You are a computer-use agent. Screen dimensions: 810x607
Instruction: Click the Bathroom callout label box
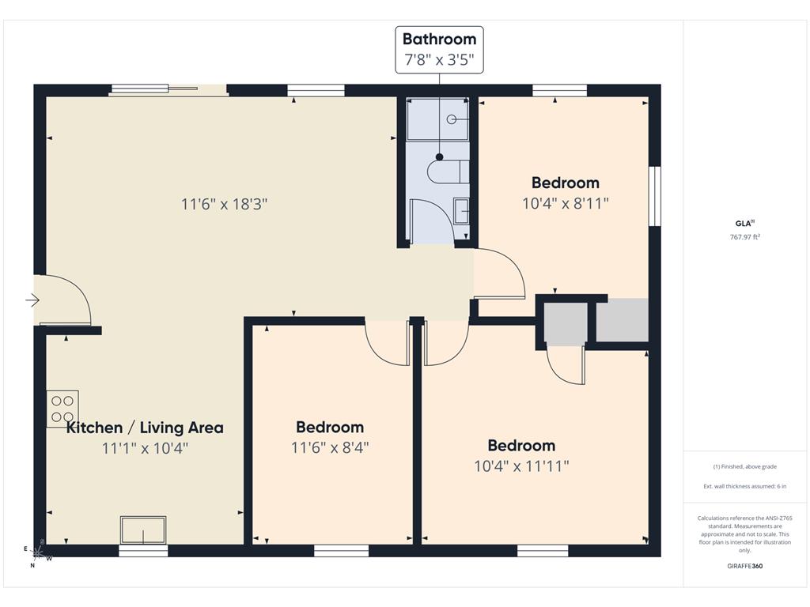click(440, 50)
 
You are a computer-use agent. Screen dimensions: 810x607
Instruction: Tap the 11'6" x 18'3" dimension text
click(224, 204)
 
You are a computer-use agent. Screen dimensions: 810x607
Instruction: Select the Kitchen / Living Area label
click(146, 428)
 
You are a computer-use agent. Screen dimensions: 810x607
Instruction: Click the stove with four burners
click(62, 409)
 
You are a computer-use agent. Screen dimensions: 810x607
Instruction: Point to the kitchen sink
click(143, 530)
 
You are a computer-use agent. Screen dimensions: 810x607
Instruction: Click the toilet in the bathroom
click(448, 172)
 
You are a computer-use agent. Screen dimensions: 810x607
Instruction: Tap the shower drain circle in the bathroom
click(452, 120)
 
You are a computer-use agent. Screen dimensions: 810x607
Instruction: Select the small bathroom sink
click(461, 211)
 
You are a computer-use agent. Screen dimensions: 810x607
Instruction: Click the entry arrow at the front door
click(32, 300)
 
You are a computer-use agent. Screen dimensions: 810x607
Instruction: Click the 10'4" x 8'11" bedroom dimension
click(566, 203)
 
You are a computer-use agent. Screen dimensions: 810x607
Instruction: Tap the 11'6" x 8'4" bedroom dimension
click(330, 447)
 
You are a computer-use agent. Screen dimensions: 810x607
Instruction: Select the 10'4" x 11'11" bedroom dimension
click(522, 466)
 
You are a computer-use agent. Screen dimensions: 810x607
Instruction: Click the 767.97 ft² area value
click(745, 237)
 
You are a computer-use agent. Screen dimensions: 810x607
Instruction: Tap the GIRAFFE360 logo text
click(745, 566)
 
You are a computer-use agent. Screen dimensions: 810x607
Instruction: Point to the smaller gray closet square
click(566, 324)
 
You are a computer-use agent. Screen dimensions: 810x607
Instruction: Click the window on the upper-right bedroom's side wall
click(655, 196)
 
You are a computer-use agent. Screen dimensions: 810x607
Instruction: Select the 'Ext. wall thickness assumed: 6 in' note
click(745, 486)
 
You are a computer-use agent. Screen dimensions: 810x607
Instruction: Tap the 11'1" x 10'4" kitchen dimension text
click(146, 448)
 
